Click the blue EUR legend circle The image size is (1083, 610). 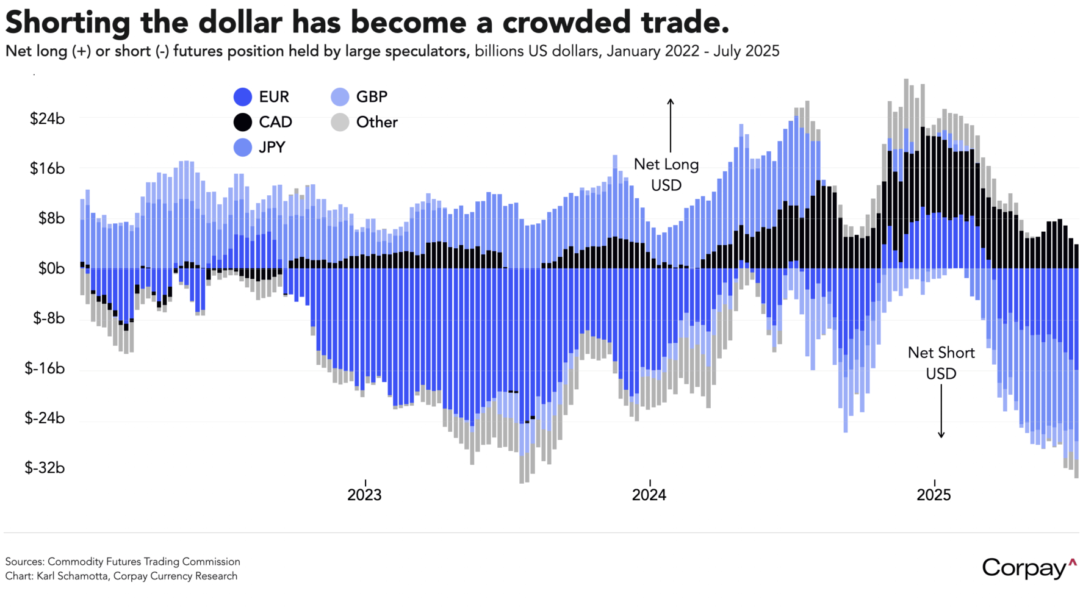[243, 97]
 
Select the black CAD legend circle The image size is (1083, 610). [243, 122]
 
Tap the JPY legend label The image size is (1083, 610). [272, 147]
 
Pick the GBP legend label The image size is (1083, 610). [372, 97]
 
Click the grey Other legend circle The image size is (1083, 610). [340, 122]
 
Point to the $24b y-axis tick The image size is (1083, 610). [47, 118]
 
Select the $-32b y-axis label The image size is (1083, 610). [45, 468]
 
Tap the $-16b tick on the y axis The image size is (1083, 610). [45, 368]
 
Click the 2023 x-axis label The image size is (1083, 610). [364, 495]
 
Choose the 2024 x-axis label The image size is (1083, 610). [649, 495]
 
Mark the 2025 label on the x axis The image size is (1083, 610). [934, 495]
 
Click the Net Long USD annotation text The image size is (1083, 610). [666, 174]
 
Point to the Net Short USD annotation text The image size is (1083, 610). [941, 363]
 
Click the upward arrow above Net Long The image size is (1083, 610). [670, 125]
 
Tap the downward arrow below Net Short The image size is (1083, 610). [941, 412]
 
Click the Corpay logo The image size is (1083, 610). [1029, 569]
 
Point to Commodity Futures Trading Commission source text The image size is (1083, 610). [144, 562]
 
